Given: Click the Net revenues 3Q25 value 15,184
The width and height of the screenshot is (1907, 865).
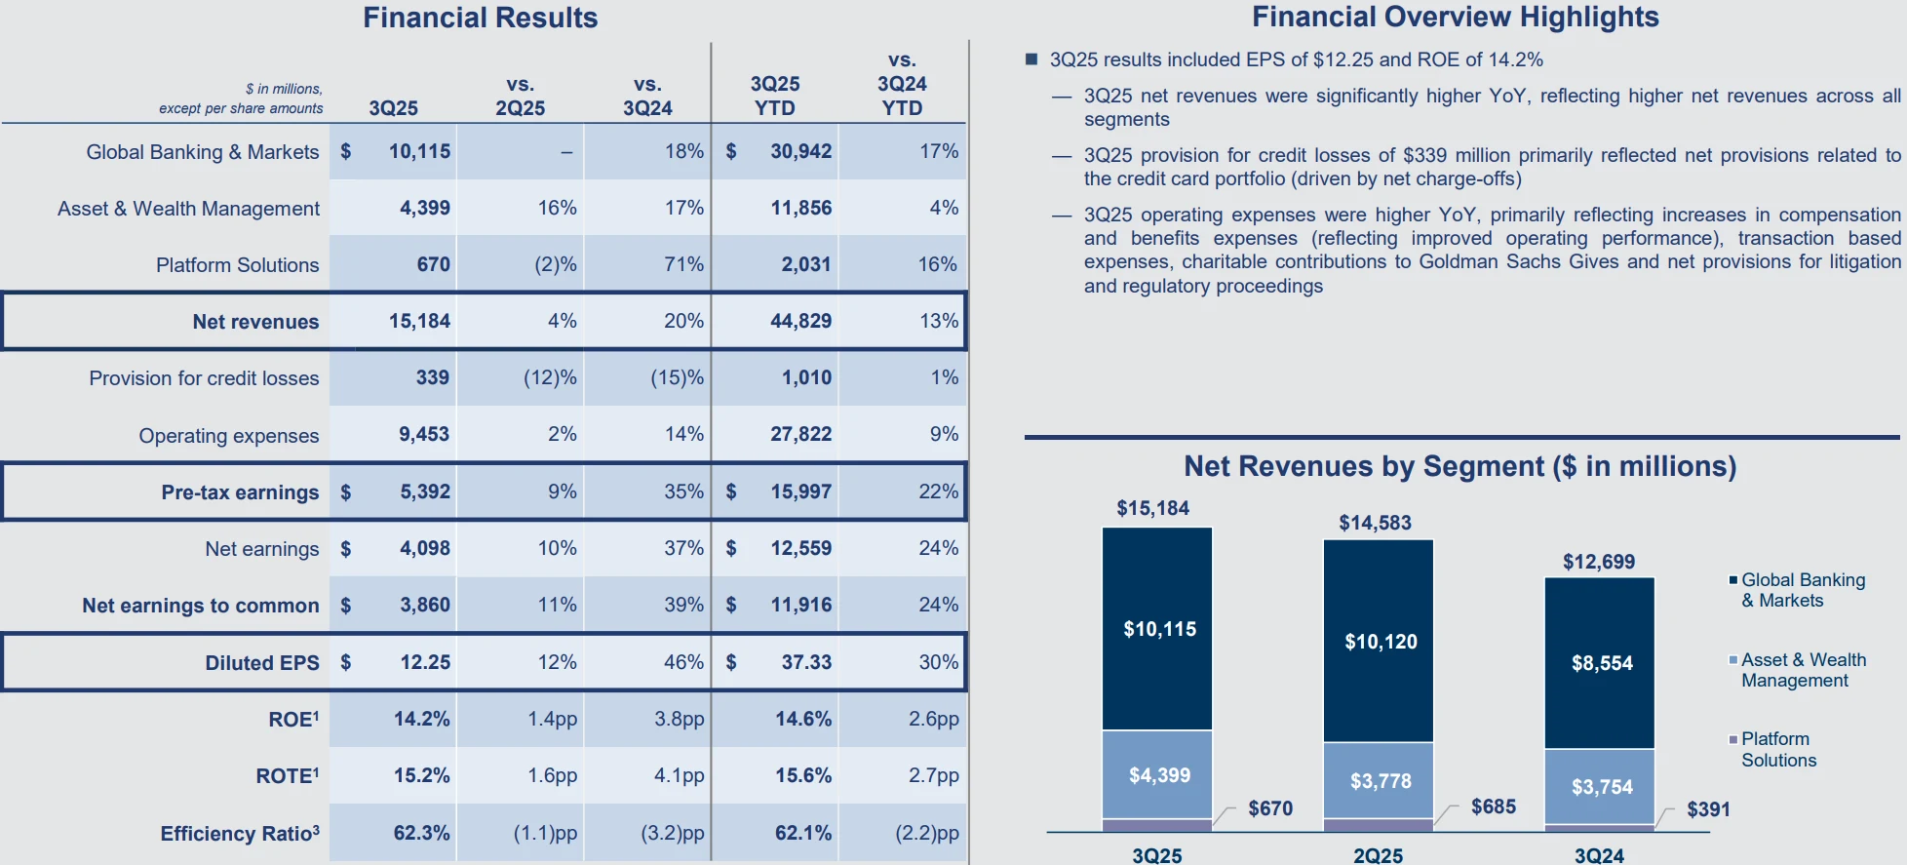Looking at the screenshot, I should (419, 321).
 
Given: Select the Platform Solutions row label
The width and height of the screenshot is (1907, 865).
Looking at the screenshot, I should (237, 265).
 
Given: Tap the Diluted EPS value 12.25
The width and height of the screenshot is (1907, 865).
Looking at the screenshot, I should (425, 662).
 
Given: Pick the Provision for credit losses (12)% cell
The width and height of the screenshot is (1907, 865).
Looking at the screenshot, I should (550, 377).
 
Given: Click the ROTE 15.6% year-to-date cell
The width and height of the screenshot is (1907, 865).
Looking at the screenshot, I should (803, 775).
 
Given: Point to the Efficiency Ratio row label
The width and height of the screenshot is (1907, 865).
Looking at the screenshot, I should (239, 834).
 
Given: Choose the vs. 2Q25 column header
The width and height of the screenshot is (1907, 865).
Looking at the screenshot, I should (520, 96).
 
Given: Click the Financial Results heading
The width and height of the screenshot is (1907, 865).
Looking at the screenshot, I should (480, 18).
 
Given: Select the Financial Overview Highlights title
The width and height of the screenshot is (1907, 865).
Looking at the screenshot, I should (1455, 17).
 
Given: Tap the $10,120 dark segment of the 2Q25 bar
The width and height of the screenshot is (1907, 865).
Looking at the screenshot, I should (1380, 642).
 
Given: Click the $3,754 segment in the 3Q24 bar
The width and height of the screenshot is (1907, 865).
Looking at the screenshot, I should (1601, 787).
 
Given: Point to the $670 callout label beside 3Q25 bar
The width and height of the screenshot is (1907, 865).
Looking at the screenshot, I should (1270, 808).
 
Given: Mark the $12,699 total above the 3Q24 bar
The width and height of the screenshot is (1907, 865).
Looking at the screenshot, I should (1598, 562).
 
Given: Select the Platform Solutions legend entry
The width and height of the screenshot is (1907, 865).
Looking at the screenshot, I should (1777, 750).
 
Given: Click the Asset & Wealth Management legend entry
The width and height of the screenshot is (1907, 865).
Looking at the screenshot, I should (1802, 670).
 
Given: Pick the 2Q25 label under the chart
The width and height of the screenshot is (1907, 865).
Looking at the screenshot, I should (1378, 855).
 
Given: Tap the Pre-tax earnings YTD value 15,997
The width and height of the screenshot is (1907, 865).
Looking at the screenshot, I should (800, 491).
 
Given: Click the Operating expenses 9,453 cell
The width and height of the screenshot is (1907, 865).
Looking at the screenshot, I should (423, 434).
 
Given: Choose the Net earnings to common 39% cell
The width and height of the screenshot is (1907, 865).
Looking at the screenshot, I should (683, 605).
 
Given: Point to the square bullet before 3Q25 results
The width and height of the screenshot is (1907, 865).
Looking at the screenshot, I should (1031, 59).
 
